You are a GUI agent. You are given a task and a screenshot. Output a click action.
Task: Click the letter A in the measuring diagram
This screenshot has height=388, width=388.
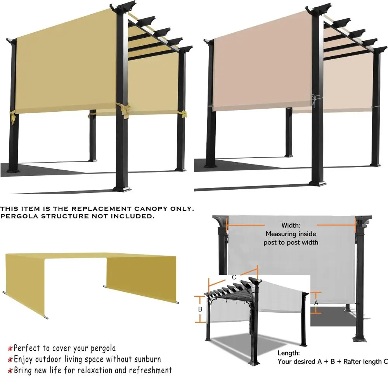pyautogui.click(x=316, y=302)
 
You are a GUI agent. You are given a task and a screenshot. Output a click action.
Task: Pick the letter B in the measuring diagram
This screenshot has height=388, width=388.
pyautogui.click(x=200, y=309)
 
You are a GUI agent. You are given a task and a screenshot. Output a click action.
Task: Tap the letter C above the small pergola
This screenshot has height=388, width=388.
pyautogui.click(x=234, y=277)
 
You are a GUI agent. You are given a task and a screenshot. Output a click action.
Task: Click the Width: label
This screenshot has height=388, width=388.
pyautogui.click(x=291, y=225)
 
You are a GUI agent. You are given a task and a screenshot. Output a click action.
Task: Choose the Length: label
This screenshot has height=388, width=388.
pyautogui.click(x=288, y=353)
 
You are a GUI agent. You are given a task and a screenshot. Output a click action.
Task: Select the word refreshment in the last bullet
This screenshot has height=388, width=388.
pyautogui.click(x=150, y=370)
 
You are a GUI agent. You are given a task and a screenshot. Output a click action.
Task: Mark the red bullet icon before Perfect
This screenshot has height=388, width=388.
pyautogui.click(x=10, y=348)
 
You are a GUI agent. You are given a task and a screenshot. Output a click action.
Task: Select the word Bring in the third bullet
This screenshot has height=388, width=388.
pyautogui.click(x=23, y=370)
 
